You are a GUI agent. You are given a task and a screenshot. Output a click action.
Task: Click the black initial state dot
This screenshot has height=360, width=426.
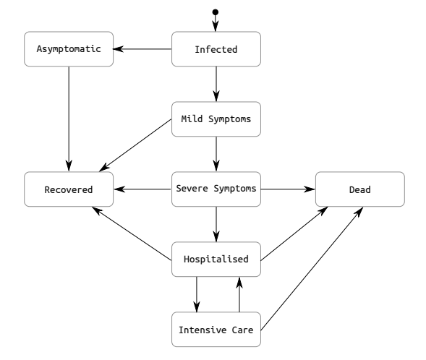click(216, 12)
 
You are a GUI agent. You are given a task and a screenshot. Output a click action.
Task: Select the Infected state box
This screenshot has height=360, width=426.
click(216, 50)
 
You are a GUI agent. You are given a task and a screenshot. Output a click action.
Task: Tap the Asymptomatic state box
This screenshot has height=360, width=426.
click(69, 50)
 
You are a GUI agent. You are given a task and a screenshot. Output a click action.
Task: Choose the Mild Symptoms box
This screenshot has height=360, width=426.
click(216, 119)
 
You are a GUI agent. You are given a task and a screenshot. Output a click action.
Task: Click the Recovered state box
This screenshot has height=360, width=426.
click(69, 189)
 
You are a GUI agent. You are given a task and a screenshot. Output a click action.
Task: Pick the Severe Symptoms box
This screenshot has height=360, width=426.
click(216, 189)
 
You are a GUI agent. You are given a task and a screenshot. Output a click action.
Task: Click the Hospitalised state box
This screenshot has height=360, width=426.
click(216, 259)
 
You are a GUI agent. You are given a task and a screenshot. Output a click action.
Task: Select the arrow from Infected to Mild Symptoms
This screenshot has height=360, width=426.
click(216, 85)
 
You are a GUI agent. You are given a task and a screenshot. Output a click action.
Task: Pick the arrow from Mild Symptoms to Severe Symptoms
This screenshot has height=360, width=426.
click(216, 154)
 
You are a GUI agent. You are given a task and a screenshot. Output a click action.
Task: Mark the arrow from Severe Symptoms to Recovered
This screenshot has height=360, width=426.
click(142, 189)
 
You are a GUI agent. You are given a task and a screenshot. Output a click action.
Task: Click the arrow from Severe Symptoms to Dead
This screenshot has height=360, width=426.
click(287, 189)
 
